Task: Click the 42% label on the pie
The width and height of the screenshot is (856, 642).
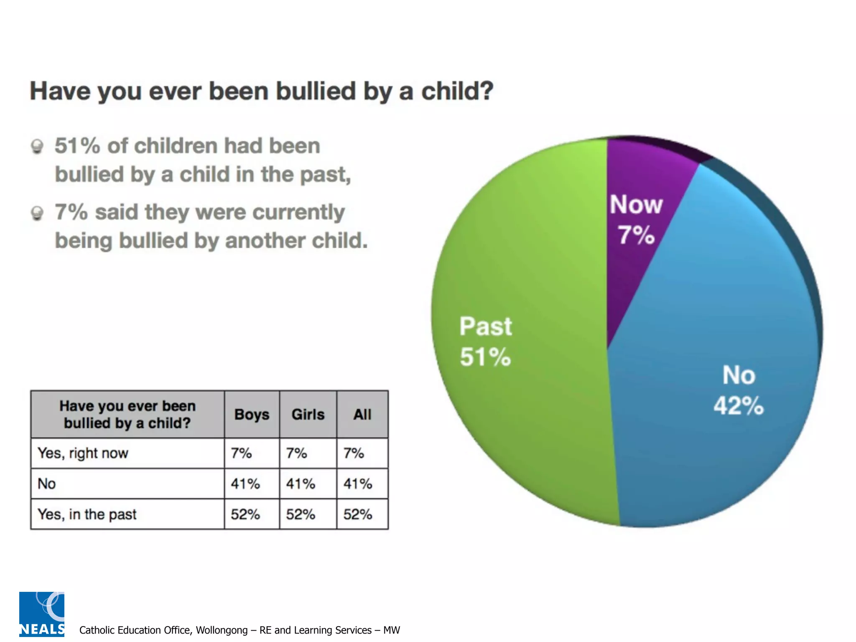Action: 739,406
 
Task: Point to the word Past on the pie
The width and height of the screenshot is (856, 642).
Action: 485,326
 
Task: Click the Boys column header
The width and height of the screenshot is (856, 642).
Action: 252,415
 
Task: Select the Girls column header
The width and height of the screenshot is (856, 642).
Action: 308,415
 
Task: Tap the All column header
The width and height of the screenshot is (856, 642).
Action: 362,415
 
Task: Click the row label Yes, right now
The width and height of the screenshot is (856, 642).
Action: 83,453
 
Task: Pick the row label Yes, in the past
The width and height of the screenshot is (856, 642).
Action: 87,515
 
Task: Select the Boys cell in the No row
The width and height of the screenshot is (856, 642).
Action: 245,484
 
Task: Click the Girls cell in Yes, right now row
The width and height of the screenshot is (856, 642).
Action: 296,453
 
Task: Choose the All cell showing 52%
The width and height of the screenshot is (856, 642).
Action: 358,515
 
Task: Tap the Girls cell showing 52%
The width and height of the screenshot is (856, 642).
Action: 301,515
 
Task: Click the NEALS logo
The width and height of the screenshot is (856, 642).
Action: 42,614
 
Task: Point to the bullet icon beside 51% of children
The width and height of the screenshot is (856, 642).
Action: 37,147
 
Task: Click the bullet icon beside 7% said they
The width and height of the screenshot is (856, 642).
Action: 37,213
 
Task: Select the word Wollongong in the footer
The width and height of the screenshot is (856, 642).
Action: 222,630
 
